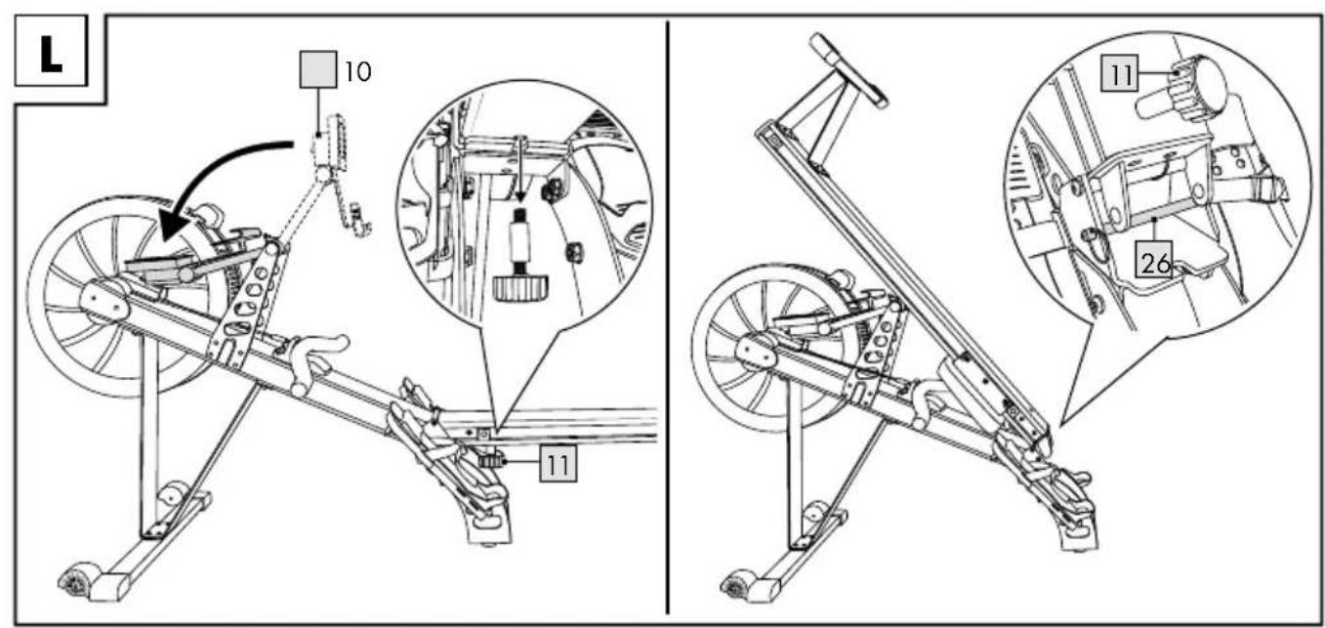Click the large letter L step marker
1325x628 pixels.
click(51, 55)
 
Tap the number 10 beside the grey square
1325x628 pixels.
click(358, 71)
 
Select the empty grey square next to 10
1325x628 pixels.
click(318, 70)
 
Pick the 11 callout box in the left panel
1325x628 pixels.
click(558, 464)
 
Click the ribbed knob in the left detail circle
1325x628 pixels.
click(519, 288)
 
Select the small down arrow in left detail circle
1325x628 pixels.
click(520, 172)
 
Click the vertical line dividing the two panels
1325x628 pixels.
click(669, 317)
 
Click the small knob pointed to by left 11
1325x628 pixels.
click(491, 460)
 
